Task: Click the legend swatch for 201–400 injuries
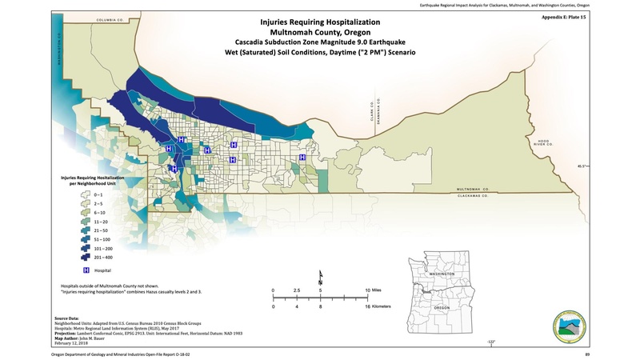[83, 258]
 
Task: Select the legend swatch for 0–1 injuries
[83, 194]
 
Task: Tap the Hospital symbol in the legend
[83, 271]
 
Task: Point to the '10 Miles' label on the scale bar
[379, 290]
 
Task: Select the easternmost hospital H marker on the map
[302, 158]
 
